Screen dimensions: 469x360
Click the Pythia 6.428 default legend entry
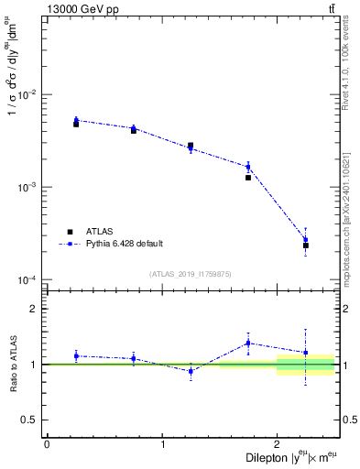pos(124,243)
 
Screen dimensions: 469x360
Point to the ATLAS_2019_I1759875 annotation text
pos(191,273)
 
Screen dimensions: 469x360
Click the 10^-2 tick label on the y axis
pos(27,94)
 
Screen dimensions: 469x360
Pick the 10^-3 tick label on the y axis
pos(27,187)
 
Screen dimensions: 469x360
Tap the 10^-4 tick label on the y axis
pos(27,279)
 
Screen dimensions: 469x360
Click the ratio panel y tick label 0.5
pos(30,420)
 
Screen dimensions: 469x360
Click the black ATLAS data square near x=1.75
pos(248,178)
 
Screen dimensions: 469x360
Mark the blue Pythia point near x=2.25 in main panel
pos(306,240)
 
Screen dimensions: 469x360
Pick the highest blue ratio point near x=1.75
pos(248,343)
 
